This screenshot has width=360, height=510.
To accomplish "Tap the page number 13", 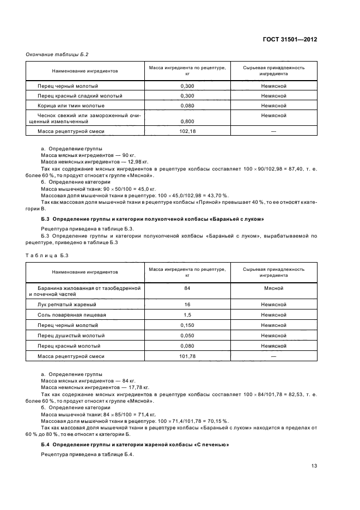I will pos(314,465).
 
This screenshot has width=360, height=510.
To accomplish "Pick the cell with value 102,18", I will pos(187,131).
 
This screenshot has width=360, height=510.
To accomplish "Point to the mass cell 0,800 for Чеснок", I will pos(187,122).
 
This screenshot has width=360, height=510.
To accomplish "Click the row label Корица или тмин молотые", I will pos(71,105).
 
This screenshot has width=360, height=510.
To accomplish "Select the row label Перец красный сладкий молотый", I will pos(80,95).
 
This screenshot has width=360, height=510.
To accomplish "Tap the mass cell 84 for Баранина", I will pos(187,287).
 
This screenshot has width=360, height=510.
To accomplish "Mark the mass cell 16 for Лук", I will pos(187,305).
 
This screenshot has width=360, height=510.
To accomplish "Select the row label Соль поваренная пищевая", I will pos(71,315).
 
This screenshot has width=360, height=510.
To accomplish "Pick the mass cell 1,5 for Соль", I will pos(187,315).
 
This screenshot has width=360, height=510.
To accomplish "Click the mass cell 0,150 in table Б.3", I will pos(187,325).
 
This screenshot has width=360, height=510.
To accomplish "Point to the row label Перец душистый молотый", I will pos(71,336).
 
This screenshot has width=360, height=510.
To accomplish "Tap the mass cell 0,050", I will pos(187,336).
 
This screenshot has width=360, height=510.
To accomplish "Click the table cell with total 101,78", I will pos(187,356).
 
